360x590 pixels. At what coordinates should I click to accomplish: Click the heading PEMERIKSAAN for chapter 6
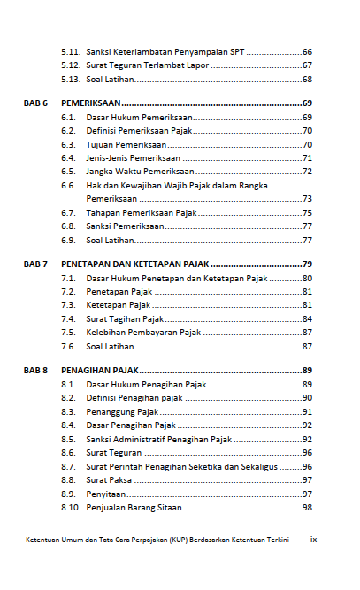click(91, 103)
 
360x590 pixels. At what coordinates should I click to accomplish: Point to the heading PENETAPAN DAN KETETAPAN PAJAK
click(134, 264)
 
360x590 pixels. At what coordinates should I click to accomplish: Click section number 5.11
click(71, 51)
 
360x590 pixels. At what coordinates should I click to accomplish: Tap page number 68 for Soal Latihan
click(307, 80)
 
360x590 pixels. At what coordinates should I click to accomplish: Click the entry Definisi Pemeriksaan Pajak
click(139, 131)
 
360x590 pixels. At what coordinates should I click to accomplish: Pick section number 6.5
click(68, 172)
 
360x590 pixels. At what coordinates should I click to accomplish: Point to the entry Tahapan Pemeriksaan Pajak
click(142, 212)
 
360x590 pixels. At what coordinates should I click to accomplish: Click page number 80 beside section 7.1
click(307, 279)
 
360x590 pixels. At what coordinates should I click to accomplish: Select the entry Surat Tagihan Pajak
click(126, 318)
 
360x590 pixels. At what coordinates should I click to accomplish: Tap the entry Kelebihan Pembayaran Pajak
click(143, 333)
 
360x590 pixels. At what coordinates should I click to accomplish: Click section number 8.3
click(68, 411)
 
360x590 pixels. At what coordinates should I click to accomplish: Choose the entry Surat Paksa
click(109, 479)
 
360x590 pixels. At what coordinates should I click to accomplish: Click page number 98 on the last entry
click(307, 507)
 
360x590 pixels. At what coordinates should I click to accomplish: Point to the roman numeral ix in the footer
click(312, 539)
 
